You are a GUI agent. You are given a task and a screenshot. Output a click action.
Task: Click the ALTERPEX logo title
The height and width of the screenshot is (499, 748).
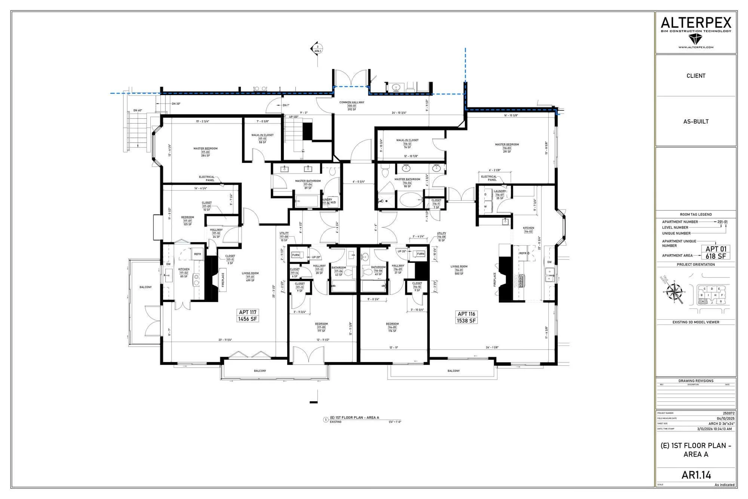tap(696, 23)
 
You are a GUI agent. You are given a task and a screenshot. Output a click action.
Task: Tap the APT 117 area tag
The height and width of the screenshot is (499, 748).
tap(248, 316)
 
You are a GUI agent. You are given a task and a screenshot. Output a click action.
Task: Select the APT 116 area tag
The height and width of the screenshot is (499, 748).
tap(466, 317)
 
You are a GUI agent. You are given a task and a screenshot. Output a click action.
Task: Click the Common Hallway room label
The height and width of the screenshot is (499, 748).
tap(352, 106)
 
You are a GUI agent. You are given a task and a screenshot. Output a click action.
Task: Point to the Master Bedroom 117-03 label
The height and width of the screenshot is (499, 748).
tap(205, 152)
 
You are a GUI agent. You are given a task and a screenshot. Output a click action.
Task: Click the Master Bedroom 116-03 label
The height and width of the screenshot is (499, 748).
tap(507, 148)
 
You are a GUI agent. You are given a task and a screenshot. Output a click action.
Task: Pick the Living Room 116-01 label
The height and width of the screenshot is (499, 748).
tap(459, 270)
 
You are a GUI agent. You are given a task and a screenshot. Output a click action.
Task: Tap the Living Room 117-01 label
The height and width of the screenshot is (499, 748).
tap(250, 277)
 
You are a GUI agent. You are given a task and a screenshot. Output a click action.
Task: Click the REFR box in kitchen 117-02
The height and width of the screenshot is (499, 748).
tap(197, 254)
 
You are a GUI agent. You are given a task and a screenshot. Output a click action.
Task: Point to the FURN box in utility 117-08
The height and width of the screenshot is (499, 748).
tap(295, 255)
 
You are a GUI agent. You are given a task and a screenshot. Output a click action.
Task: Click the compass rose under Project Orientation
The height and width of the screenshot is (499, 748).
tap(675, 291)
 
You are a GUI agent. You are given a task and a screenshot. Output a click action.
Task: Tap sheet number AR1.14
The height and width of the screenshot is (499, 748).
tap(696, 475)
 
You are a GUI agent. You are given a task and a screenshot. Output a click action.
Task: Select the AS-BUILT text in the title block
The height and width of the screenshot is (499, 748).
tap(696, 121)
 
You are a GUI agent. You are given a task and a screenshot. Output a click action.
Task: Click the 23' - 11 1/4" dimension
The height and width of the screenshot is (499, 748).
tap(225, 340)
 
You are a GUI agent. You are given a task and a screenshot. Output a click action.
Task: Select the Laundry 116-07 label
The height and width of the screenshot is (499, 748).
tap(500, 194)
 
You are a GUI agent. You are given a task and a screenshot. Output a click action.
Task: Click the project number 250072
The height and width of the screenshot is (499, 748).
tap(729, 413)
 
